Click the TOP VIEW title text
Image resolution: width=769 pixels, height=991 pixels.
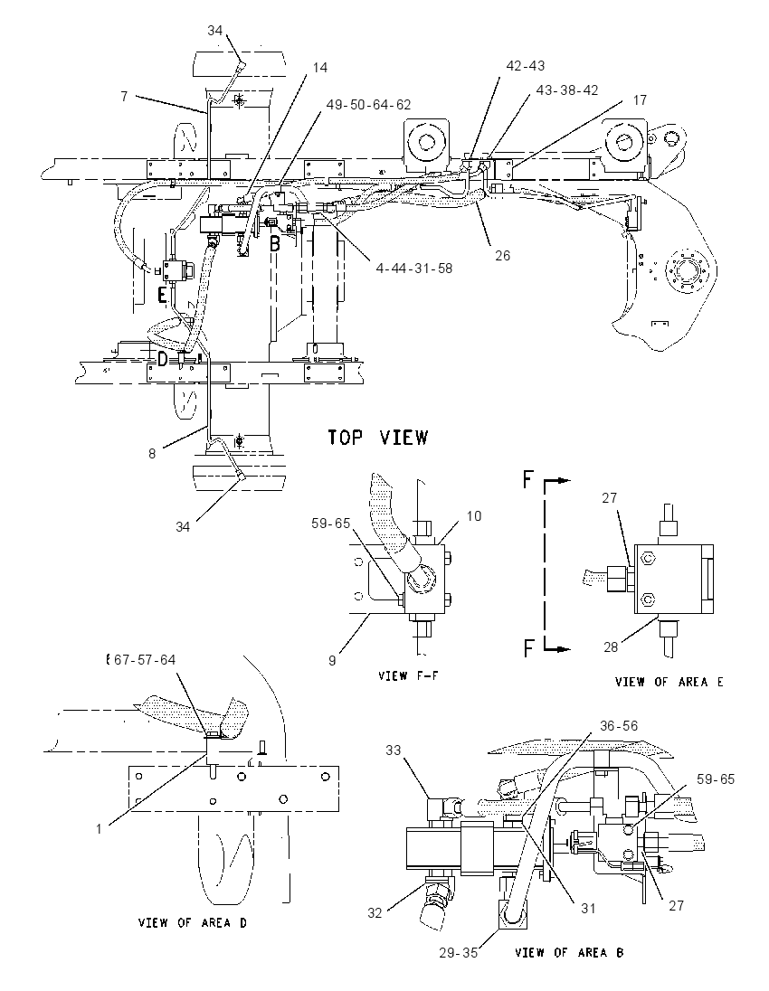[378, 438]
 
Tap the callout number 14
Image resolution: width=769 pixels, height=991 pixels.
[320, 67]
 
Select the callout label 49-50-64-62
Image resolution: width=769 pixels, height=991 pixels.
[369, 104]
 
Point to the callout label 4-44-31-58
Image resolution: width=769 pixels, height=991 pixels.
[414, 268]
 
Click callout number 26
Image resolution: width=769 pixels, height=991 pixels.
[502, 256]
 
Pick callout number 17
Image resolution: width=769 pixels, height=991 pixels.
[640, 99]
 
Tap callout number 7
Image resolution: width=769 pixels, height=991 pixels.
[125, 96]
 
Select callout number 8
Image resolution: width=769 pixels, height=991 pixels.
[152, 454]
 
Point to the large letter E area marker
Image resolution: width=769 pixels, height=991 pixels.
[163, 295]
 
